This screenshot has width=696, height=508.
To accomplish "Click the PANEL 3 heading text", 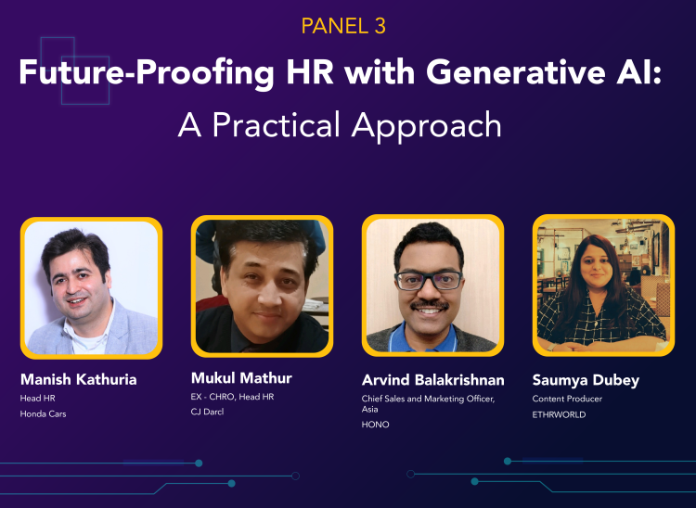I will click(343, 25).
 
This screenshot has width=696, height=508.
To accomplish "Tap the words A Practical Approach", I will click(340, 124).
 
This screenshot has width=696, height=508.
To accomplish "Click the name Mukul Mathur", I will click(241, 377).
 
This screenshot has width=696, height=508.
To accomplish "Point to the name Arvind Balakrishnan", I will click(432, 379).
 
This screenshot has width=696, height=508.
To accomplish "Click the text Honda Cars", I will click(44, 413).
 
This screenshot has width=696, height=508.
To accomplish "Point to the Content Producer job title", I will click(567, 399).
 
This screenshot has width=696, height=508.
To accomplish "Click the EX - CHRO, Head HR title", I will click(233, 397).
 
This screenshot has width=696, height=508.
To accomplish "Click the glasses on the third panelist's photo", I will click(429, 279).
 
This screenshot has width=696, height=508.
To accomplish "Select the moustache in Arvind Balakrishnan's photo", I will click(430, 304).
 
